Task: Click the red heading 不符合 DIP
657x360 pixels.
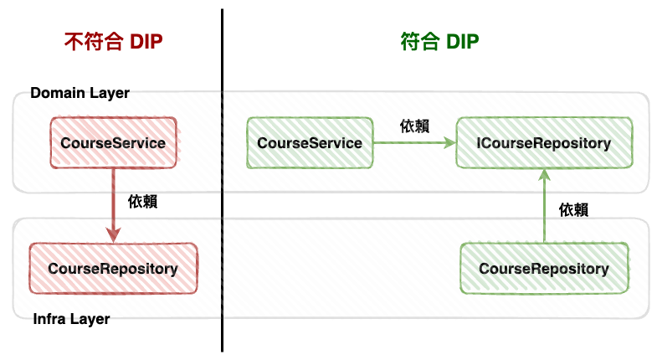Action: coord(113,42)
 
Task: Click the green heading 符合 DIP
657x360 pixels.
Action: coord(439,42)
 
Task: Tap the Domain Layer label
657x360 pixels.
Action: coord(80,93)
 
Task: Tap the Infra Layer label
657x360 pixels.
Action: coord(71,319)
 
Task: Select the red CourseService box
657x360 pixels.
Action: coord(113,143)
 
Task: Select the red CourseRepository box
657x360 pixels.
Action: coord(113,268)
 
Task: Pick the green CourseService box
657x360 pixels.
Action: coord(310,143)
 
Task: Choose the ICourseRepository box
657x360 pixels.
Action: coord(544,143)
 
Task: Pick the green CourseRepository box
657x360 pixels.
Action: coord(544,268)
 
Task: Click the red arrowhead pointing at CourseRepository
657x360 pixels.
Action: coord(113,235)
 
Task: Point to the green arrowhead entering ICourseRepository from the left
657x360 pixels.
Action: coord(449,143)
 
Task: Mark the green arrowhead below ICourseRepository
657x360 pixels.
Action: coord(544,175)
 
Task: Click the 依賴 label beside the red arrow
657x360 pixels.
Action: coord(142,202)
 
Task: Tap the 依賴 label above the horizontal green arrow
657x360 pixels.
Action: coord(414,126)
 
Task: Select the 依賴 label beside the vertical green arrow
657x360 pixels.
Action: coord(573,209)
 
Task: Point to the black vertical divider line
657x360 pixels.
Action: coord(222,180)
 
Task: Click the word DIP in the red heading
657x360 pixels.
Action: coord(146,42)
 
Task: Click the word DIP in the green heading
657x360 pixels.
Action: coord(463,42)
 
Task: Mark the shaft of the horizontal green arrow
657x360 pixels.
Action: coord(408,143)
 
